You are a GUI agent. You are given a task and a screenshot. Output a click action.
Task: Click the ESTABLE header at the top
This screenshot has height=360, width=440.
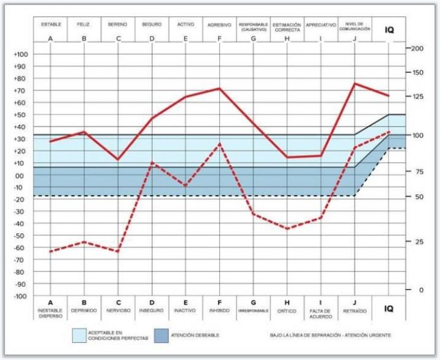50,24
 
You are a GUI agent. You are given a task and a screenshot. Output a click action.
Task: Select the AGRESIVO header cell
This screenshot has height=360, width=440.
219,25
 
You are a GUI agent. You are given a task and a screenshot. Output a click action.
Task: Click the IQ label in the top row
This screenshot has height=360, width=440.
389,29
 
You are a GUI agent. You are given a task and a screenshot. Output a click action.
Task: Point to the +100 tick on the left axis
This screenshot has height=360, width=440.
21,54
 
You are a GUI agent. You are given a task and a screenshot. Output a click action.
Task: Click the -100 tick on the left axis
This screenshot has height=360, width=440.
21,296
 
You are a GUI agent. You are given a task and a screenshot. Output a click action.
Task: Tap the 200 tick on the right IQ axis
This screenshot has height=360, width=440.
418,48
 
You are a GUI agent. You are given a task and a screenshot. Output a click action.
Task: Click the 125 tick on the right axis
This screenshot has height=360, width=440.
418,97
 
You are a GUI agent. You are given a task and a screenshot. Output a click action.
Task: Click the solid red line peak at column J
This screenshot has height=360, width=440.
354,83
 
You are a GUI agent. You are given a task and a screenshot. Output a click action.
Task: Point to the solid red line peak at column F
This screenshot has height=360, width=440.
219,88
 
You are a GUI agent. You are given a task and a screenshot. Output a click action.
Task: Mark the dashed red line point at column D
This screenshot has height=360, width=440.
152,163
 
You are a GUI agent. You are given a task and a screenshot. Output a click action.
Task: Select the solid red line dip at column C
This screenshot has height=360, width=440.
118,160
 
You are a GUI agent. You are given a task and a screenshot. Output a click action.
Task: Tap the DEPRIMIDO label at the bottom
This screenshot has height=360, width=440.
84,310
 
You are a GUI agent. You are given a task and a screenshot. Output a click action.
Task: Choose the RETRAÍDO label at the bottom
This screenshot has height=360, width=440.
354,310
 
